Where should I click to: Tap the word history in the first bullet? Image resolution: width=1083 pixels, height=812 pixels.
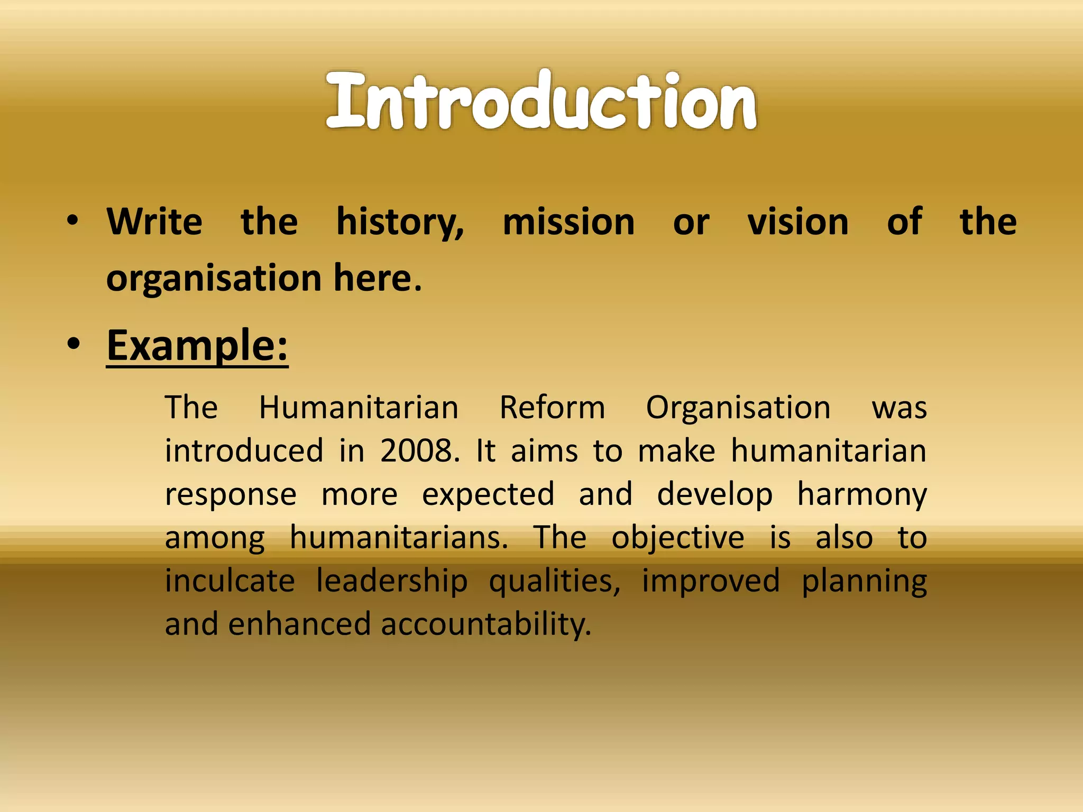coord(399,222)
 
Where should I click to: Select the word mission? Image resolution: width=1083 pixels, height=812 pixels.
coord(568,222)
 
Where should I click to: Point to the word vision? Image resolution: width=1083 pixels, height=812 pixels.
coord(797,222)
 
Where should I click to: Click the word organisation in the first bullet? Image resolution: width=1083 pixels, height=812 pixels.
coord(214,279)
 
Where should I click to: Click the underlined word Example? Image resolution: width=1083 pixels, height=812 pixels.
coord(197,346)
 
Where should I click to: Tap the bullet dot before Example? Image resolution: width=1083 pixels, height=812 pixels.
coord(74,344)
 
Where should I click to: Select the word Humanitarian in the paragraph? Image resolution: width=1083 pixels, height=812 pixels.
coord(359,408)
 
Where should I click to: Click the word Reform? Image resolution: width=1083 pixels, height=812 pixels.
coord(552,408)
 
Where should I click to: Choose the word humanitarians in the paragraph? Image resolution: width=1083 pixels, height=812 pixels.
coord(399,538)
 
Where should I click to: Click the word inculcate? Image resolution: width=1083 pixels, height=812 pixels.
coord(230,581)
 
